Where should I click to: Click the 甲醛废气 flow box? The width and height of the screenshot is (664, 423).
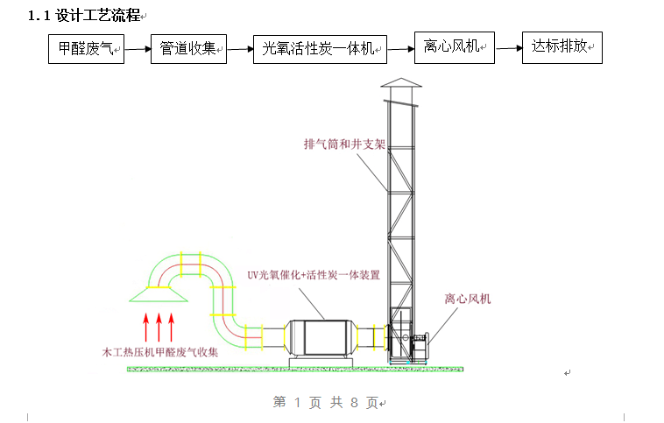(x=87, y=49)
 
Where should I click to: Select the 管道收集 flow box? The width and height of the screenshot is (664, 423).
(x=188, y=49)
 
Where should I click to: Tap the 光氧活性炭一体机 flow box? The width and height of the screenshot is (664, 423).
(x=320, y=49)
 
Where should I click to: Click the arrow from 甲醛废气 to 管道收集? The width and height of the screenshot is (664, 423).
(x=138, y=50)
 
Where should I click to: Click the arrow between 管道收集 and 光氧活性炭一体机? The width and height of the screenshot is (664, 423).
(x=239, y=50)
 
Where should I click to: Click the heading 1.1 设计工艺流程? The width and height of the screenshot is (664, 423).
(x=84, y=15)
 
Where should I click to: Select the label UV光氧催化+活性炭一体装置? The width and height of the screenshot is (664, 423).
(x=313, y=275)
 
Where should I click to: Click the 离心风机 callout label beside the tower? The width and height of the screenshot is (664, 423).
(x=468, y=300)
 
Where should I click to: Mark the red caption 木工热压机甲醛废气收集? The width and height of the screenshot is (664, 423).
(x=159, y=352)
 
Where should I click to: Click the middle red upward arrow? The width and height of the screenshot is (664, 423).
(x=159, y=326)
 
